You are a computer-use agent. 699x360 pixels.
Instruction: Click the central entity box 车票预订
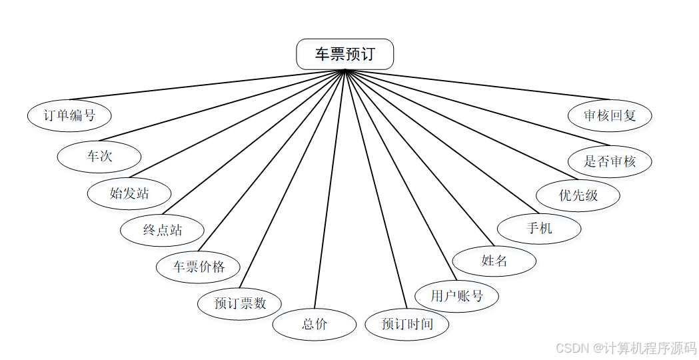click(x=345, y=54)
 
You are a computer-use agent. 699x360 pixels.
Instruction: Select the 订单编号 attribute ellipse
click(x=69, y=115)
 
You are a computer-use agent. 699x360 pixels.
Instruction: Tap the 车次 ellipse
click(x=99, y=157)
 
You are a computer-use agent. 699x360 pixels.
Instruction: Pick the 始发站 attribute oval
click(x=129, y=193)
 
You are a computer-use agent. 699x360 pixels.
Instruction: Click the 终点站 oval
click(x=162, y=230)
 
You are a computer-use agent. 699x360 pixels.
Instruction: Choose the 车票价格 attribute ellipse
click(x=199, y=267)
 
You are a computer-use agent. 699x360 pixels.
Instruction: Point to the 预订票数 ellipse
click(x=240, y=303)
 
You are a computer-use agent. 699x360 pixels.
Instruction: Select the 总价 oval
click(x=315, y=325)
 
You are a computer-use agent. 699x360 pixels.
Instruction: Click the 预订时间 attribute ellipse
click(x=407, y=325)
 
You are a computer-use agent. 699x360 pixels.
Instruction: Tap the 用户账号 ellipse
click(x=456, y=295)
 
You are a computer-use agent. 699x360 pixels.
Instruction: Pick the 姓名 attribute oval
click(x=494, y=261)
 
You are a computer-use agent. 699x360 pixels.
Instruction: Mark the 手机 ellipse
click(x=539, y=228)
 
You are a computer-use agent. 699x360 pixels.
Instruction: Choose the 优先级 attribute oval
click(x=578, y=195)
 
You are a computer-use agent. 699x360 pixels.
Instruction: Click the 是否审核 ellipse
click(x=610, y=161)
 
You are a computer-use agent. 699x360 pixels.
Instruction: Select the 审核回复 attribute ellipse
click(x=610, y=115)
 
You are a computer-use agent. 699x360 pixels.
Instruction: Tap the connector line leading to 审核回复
click(x=477, y=85)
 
